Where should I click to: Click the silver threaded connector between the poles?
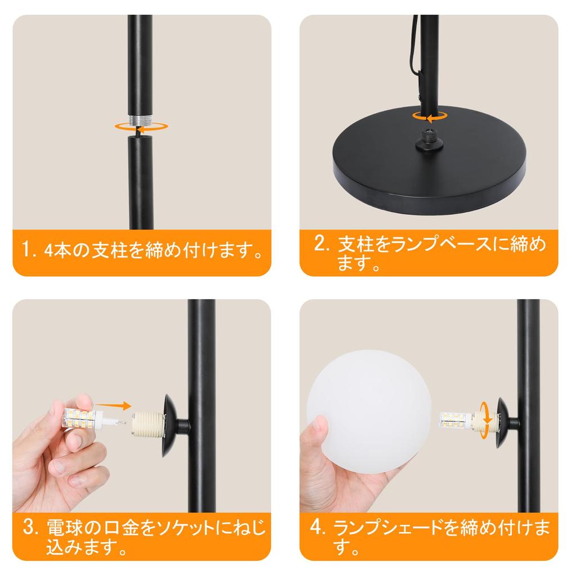(x=139, y=120)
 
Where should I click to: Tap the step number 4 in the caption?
(x=318, y=529)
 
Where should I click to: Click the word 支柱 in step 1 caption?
(x=109, y=248)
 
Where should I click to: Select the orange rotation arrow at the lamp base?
(x=428, y=116)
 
